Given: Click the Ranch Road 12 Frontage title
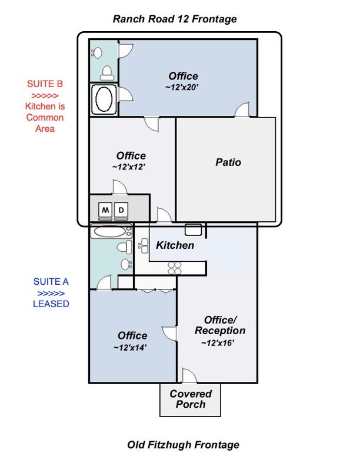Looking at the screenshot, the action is (175, 19).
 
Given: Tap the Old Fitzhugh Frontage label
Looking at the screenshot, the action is (184, 445).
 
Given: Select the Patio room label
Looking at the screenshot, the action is (228, 162).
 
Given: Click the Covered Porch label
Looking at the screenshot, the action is (191, 399).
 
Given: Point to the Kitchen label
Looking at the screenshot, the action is (175, 245).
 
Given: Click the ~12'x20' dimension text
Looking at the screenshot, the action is (182, 87).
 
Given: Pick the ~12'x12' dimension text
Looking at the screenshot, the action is (129, 167).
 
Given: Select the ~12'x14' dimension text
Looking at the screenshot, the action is (130, 347).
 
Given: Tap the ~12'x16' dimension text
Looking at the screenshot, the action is (218, 343).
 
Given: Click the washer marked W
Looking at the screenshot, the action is (105, 211).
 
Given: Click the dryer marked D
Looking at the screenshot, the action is (121, 211).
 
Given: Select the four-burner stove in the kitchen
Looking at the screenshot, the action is (174, 268).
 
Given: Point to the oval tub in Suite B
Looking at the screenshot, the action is (104, 99).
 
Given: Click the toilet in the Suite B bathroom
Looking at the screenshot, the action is (107, 73).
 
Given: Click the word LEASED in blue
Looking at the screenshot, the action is (51, 304).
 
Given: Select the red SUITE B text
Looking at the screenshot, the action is (45, 84).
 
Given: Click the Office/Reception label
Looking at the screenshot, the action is (220, 325).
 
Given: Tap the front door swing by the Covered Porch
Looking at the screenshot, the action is (189, 375).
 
